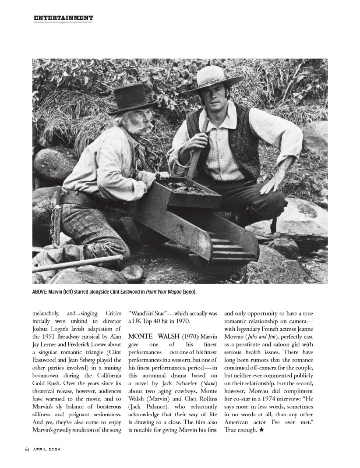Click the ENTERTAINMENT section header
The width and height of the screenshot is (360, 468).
pyautogui.click(x=63, y=18)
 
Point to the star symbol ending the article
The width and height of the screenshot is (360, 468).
pyautogui.click(x=261, y=430)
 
